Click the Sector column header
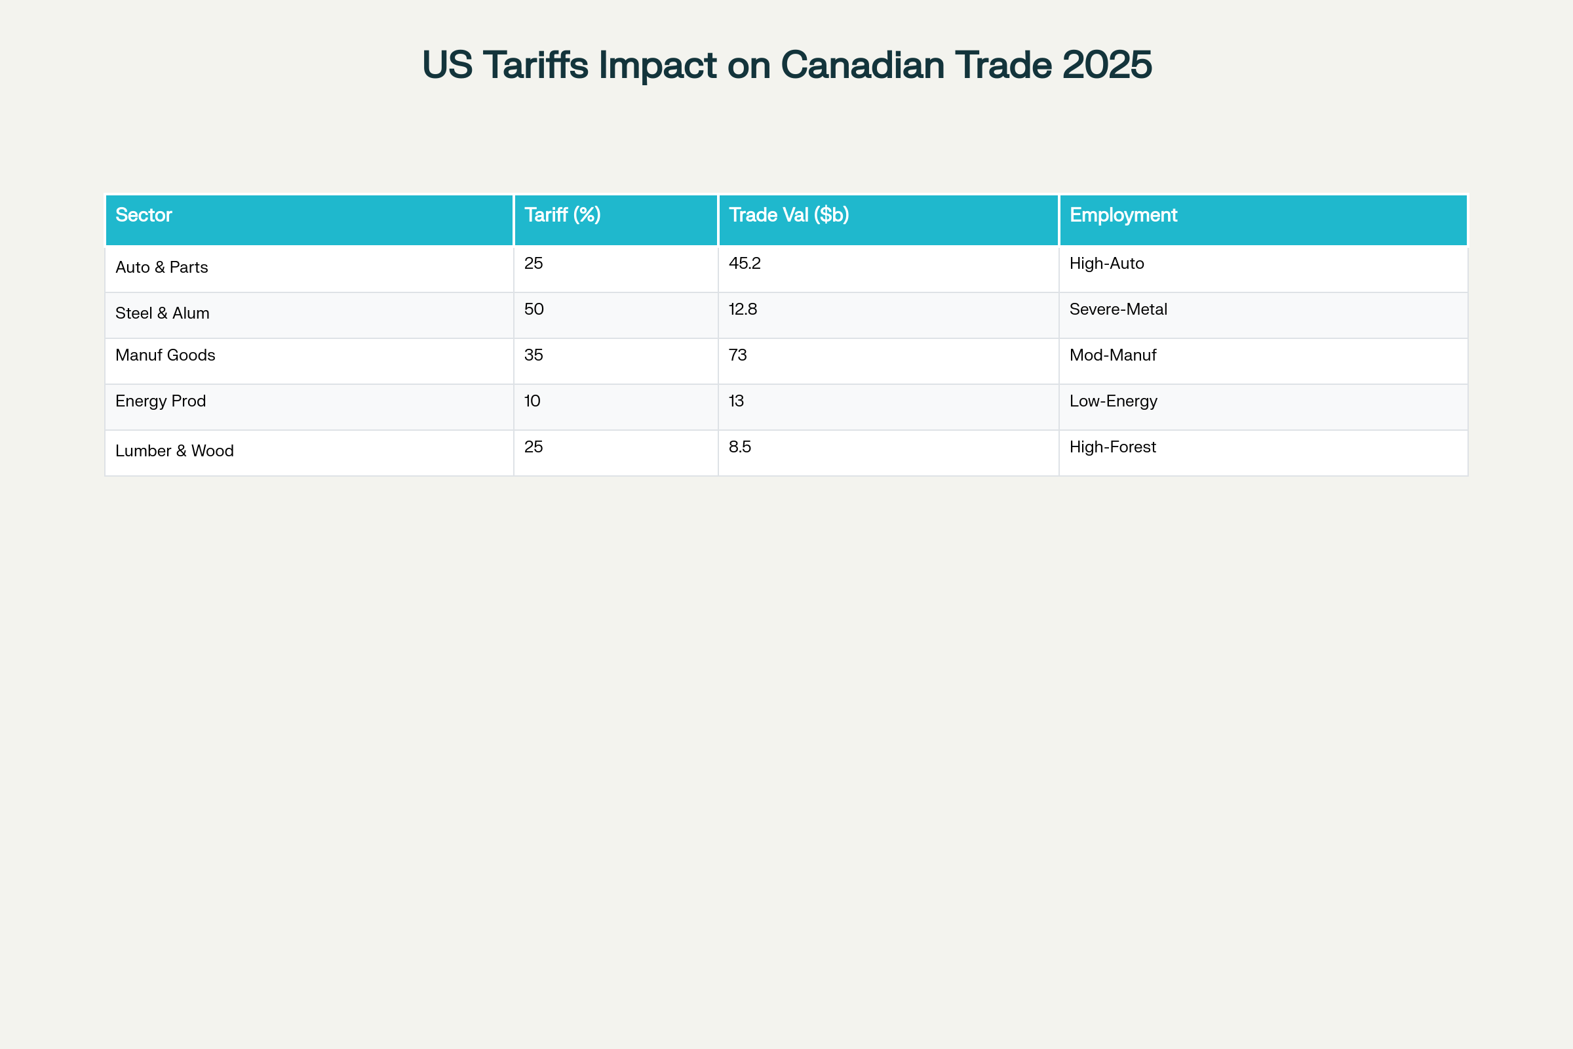pos(144,215)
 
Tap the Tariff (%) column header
pos(562,215)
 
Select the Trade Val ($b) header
pos(788,215)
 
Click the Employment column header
pos(1123,215)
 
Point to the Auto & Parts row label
pos(162,267)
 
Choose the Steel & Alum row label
pos(163,313)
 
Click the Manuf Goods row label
pos(165,355)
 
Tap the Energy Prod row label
pos(161,401)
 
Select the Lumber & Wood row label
pos(174,451)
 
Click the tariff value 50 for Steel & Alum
pos(534,309)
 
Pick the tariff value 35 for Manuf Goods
pos(534,355)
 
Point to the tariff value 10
pos(532,401)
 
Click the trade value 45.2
pos(745,264)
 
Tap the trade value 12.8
pos(743,309)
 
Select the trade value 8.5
pos(740,447)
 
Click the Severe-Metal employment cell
pos(1118,309)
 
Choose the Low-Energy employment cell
pos(1113,401)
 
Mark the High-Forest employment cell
pos(1112,447)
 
